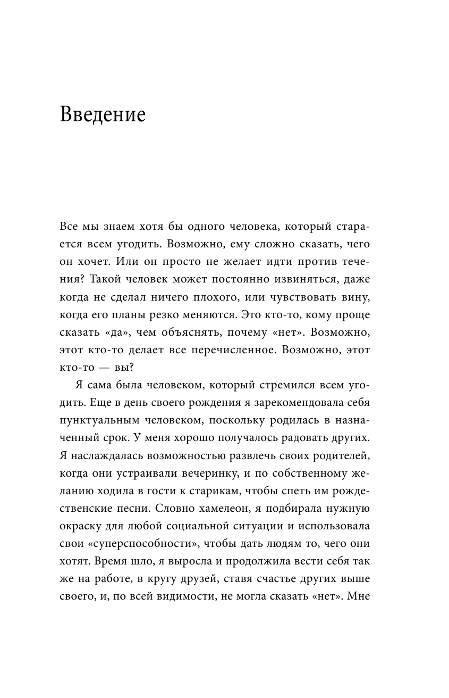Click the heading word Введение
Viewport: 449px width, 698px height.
(x=103, y=114)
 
